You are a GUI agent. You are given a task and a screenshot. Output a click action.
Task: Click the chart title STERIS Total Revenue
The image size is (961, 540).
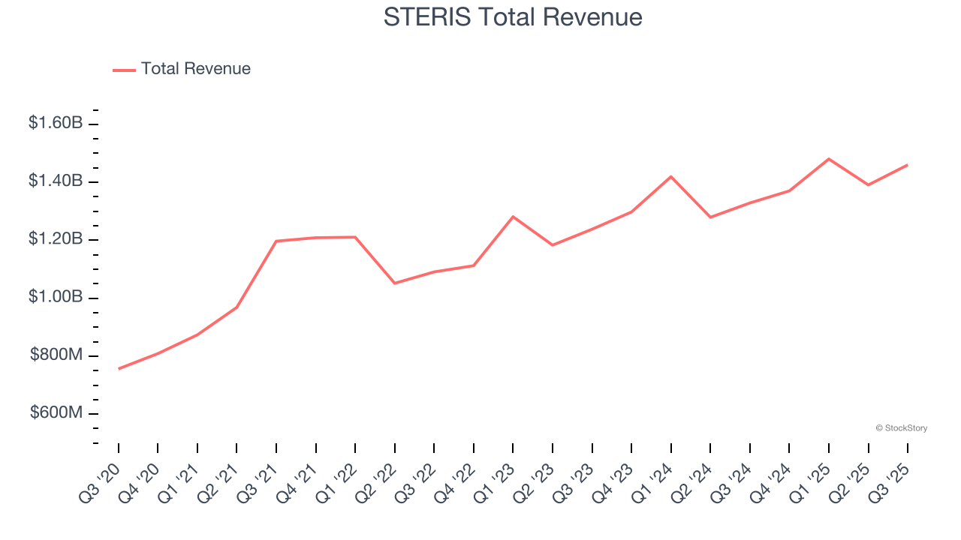tap(513, 16)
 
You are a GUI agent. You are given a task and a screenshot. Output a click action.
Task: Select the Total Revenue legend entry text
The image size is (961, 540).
tap(195, 69)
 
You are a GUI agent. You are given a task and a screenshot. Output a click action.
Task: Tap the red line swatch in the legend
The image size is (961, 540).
tap(124, 70)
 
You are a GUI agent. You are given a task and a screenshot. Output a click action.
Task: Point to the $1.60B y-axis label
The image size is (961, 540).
tap(56, 123)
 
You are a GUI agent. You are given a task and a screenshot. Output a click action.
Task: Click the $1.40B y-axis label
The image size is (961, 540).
tap(56, 181)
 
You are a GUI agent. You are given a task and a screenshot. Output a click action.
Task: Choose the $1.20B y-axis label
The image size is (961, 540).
tap(56, 239)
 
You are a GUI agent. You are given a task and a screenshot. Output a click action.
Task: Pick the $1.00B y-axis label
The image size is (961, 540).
tap(56, 297)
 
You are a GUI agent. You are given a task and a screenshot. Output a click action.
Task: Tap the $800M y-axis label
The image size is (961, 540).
tap(56, 355)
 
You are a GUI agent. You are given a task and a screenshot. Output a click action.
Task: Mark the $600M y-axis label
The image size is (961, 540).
tap(56, 413)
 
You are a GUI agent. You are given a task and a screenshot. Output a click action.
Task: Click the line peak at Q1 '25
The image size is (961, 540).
tap(829, 159)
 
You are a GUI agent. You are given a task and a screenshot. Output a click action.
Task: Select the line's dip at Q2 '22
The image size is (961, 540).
tap(395, 283)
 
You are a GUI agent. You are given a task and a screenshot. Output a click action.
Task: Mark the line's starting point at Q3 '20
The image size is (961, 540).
tap(119, 369)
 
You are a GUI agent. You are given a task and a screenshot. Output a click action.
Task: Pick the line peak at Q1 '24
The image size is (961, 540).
tap(670, 176)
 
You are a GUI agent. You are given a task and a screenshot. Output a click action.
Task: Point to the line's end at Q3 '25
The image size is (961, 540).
tap(908, 165)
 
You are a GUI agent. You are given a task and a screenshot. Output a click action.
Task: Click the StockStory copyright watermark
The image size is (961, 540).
tap(901, 428)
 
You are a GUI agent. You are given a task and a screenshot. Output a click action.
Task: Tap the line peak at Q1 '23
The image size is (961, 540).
tap(513, 217)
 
